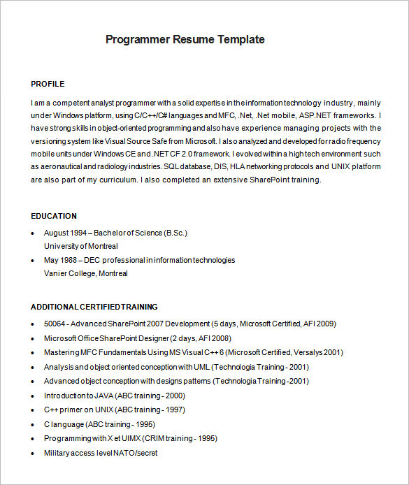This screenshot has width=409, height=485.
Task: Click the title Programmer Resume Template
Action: coord(185,39)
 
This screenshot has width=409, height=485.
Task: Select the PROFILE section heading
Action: coord(48,84)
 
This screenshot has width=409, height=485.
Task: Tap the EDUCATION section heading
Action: coord(54,216)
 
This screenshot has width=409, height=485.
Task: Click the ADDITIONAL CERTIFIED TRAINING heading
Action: coord(94,307)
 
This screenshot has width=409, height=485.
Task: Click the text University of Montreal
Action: coord(80,246)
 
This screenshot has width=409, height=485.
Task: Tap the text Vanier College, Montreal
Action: coord(85,273)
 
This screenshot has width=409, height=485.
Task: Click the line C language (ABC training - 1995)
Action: coord(99,424)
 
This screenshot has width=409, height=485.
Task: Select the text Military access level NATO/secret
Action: coord(101,453)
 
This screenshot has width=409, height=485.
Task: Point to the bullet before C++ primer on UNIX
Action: coord(34,410)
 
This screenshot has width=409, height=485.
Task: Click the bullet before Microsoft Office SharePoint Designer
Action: coord(34,338)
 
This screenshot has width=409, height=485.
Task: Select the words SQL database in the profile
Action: coord(188,167)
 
